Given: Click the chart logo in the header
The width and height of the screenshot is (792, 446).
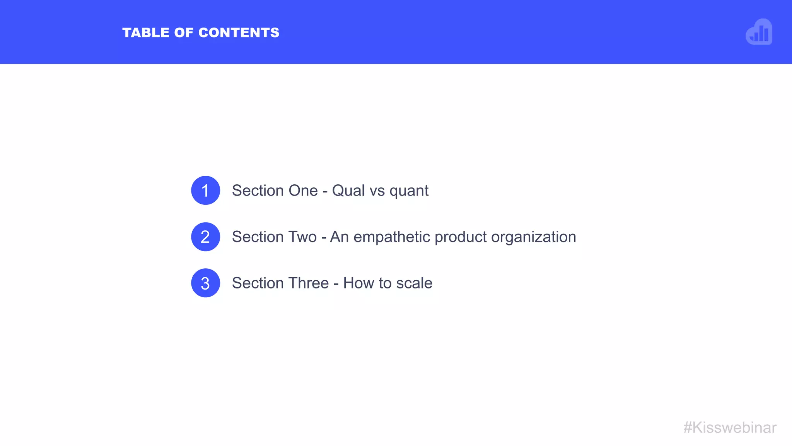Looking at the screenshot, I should click(759, 32).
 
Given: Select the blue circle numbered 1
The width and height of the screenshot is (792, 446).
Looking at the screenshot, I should click(205, 190).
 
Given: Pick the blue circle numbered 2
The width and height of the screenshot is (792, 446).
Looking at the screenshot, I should click(205, 237).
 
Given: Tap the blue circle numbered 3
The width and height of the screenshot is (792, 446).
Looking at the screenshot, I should click(205, 283).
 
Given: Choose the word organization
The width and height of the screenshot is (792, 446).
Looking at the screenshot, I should click(533, 237).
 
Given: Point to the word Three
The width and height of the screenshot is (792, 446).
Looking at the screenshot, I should click(309, 283).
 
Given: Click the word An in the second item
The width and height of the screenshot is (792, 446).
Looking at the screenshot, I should click(339, 237).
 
